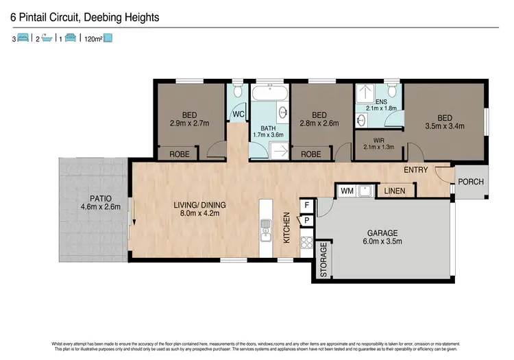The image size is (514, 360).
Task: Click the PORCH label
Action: coord(471,182)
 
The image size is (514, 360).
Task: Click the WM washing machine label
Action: coord(347,191)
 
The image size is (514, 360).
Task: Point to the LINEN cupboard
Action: coord(393,191)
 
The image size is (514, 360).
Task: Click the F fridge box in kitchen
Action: coord(306,205)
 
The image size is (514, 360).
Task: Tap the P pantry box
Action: coord(306,220)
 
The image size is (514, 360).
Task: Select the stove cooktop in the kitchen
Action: coord(306,242)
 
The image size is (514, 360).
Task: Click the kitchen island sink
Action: coord(264,231)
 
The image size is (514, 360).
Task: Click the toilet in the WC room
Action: coord(237,92)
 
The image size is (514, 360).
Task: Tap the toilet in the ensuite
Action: coord(391,92)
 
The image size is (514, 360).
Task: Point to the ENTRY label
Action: coord(416,170)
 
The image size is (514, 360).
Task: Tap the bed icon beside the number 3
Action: coord(23,39)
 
